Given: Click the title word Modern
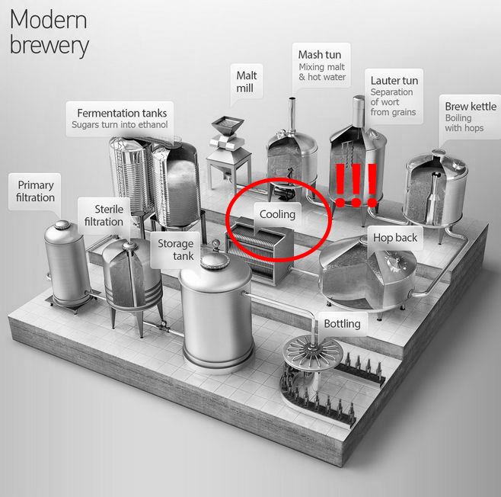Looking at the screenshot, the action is click(48, 20).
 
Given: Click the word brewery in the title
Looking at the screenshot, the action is click(49, 45).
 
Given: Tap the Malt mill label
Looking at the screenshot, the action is click(247, 82).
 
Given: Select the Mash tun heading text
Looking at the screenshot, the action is click(320, 55).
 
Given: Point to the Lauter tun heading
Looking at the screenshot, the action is click(394, 81).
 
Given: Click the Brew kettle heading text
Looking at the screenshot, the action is click(471, 106).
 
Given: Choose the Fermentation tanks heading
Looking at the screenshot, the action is click(122, 113).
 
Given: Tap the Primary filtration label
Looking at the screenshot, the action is click(36, 191).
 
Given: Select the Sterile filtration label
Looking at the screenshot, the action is click(104, 215).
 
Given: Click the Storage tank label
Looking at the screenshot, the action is click(176, 249).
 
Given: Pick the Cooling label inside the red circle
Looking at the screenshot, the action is click(277, 214).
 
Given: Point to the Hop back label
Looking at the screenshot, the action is click(395, 238).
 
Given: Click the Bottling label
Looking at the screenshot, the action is click(342, 324).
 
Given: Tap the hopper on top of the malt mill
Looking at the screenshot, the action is click(228, 125).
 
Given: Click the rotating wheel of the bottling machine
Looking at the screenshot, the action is click(313, 352).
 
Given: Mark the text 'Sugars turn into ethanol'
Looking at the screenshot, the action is click(120, 124).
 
